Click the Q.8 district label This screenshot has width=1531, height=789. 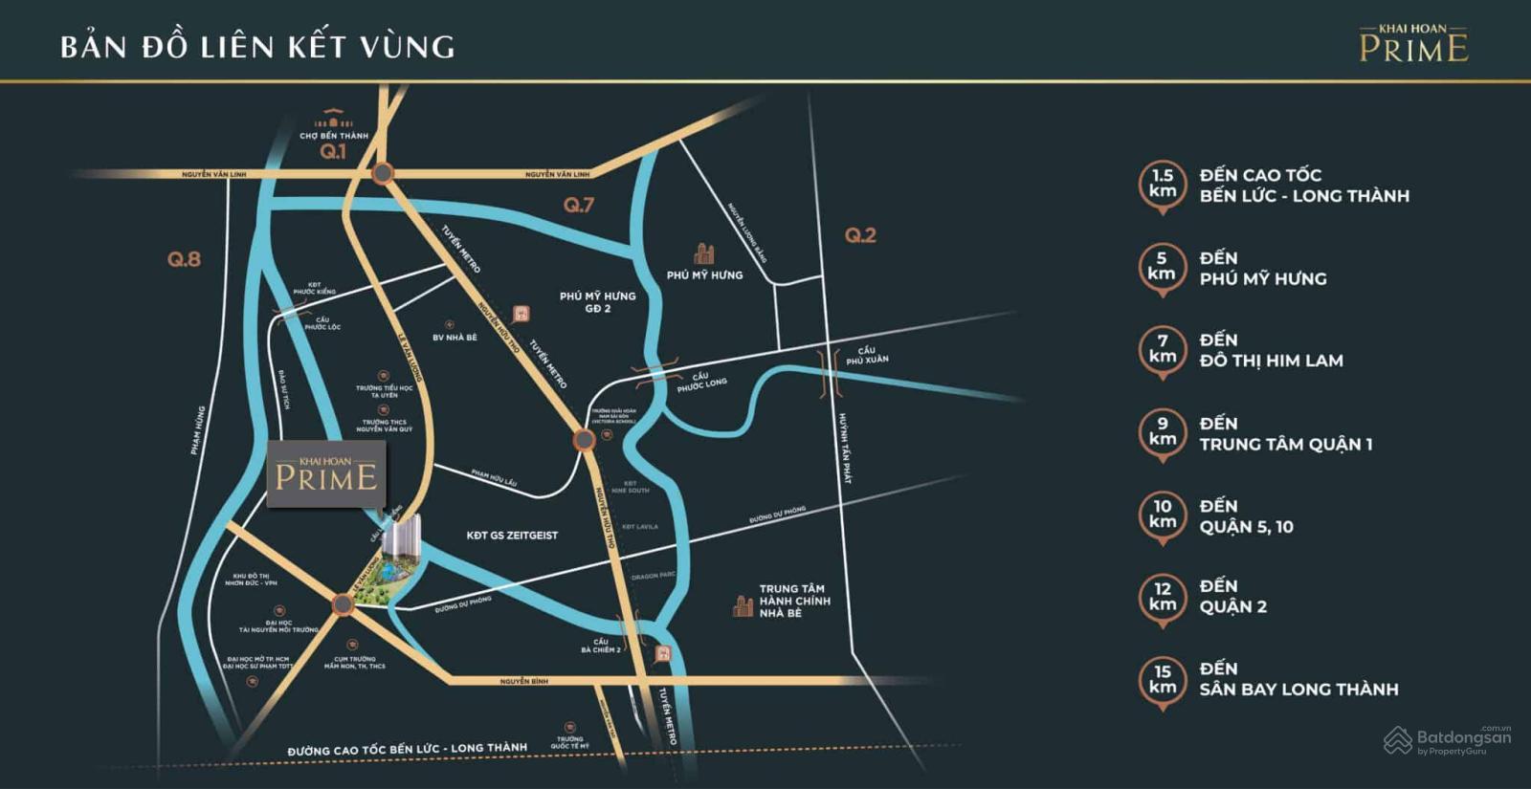[x=184, y=259]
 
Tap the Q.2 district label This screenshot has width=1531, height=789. [x=860, y=235]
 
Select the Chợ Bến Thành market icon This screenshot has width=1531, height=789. [x=333, y=121]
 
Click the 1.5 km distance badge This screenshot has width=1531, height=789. [x=1163, y=184]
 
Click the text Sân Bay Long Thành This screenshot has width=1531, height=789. [x=1298, y=690]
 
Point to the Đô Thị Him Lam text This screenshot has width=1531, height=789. [x=1271, y=361]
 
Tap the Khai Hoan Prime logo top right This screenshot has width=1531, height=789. [x=1413, y=44]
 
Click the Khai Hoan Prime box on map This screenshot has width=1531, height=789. [x=326, y=474]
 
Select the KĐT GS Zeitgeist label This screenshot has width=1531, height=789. [x=512, y=536]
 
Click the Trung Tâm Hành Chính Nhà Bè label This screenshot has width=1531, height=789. [x=794, y=602]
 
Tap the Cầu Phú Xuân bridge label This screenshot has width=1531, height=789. [x=867, y=356]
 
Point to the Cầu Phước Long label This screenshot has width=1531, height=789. [x=701, y=382]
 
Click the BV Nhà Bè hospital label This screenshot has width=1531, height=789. [x=455, y=338]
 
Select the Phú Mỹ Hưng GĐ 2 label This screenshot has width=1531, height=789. [x=598, y=302]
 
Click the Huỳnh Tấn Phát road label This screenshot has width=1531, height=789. [x=844, y=448]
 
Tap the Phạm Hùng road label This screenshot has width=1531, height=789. [x=197, y=430]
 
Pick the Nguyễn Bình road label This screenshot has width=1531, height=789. [x=524, y=682]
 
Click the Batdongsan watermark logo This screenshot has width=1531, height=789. [x=1448, y=740]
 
